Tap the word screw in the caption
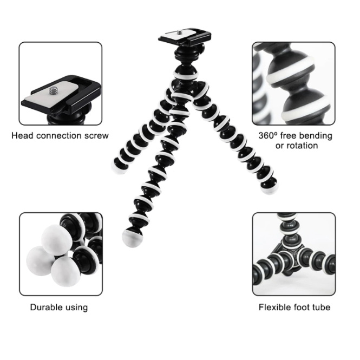[x=96, y=135]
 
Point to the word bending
[x=315, y=135]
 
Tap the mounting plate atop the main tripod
[x=182, y=36]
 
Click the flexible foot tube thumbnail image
[x=293, y=254]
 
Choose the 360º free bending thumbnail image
[x=293, y=83]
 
